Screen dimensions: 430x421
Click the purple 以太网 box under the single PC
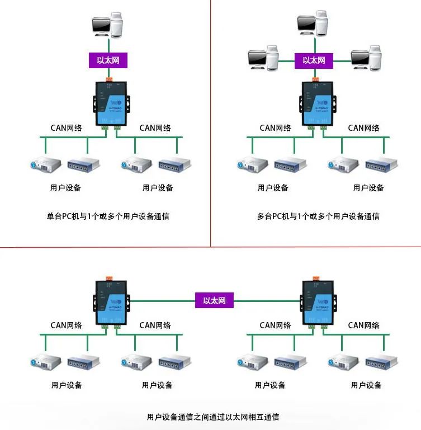click(x=108, y=60)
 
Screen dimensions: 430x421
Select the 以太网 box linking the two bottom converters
click(x=214, y=300)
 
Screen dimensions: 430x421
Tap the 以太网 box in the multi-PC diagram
click(x=314, y=60)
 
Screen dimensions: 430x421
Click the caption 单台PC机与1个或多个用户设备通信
click(x=108, y=216)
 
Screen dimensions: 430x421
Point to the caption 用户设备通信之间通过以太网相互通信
click(x=213, y=417)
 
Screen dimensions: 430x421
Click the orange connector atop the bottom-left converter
click(x=109, y=278)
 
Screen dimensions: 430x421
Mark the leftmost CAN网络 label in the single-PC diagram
click(x=67, y=127)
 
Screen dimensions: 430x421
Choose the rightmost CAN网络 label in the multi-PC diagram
click(x=364, y=127)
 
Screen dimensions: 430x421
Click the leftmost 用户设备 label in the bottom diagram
click(x=67, y=385)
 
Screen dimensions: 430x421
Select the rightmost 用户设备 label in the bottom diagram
click(x=366, y=385)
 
